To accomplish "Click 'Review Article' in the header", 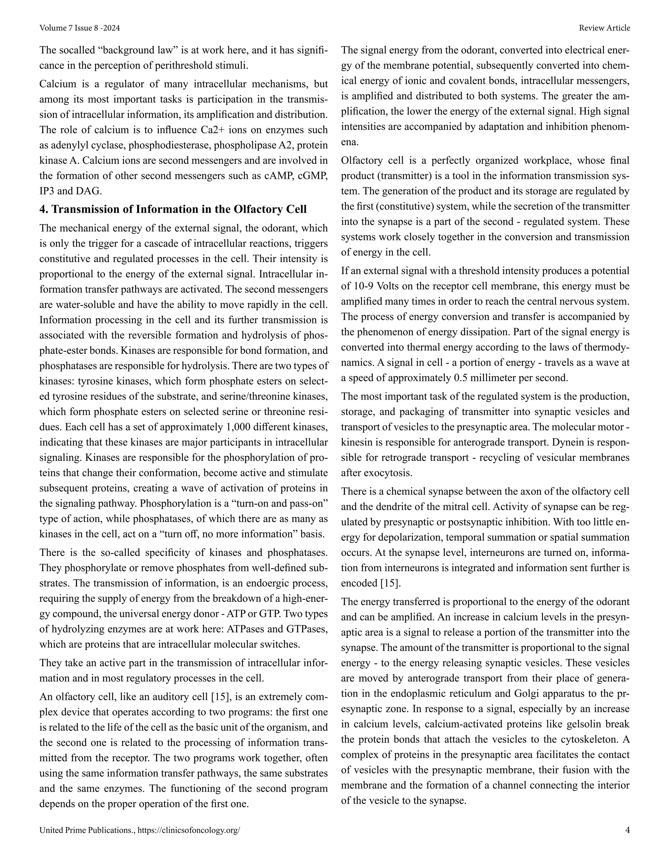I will (604, 28).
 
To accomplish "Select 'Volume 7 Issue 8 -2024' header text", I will (80, 28).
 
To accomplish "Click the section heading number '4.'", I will (43, 209).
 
